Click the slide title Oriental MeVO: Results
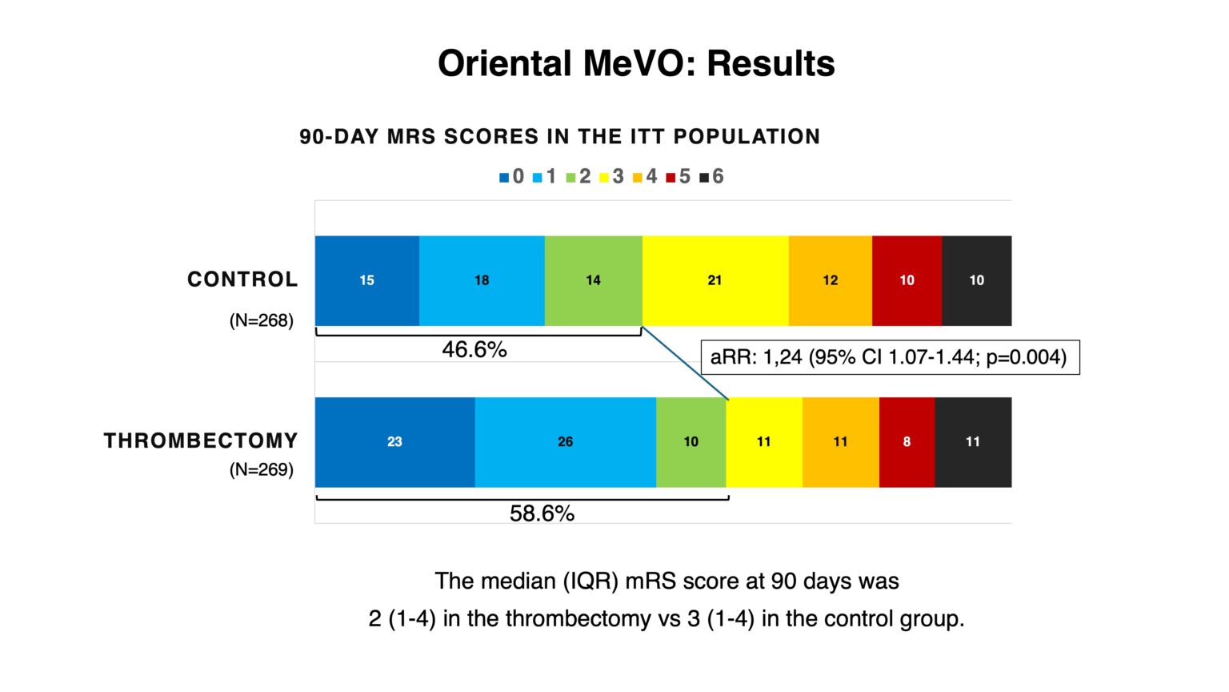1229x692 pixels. (x=636, y=64)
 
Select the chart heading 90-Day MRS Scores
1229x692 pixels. (x=559, y=137)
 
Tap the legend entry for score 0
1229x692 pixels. (x=512, y=177)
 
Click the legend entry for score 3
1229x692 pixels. (x=612, y=177)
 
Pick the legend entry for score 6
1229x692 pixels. (x=712, y=177)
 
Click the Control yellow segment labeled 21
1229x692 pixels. (x=715, y=280)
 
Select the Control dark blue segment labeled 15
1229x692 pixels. (x=366, y=280)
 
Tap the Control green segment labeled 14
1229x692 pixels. (x=593, y=280)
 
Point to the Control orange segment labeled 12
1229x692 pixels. (x=830, y=280)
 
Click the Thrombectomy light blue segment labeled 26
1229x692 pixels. (x=565, y=442)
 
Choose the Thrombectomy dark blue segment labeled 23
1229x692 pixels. (x=394, y=442)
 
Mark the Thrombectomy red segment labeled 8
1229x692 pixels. (x=907, y=442)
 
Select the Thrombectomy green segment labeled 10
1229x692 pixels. (x=691, y=442)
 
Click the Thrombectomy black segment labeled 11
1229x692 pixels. (x=972, y=442)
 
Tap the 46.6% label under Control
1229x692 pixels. (x=474, y=350)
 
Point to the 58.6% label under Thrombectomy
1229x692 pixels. (x=542, y=513)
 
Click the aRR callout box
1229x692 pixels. (x=889, y=357)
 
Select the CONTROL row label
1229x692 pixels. (x=242, y=280)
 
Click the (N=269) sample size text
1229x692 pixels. (x=262, y=470)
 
